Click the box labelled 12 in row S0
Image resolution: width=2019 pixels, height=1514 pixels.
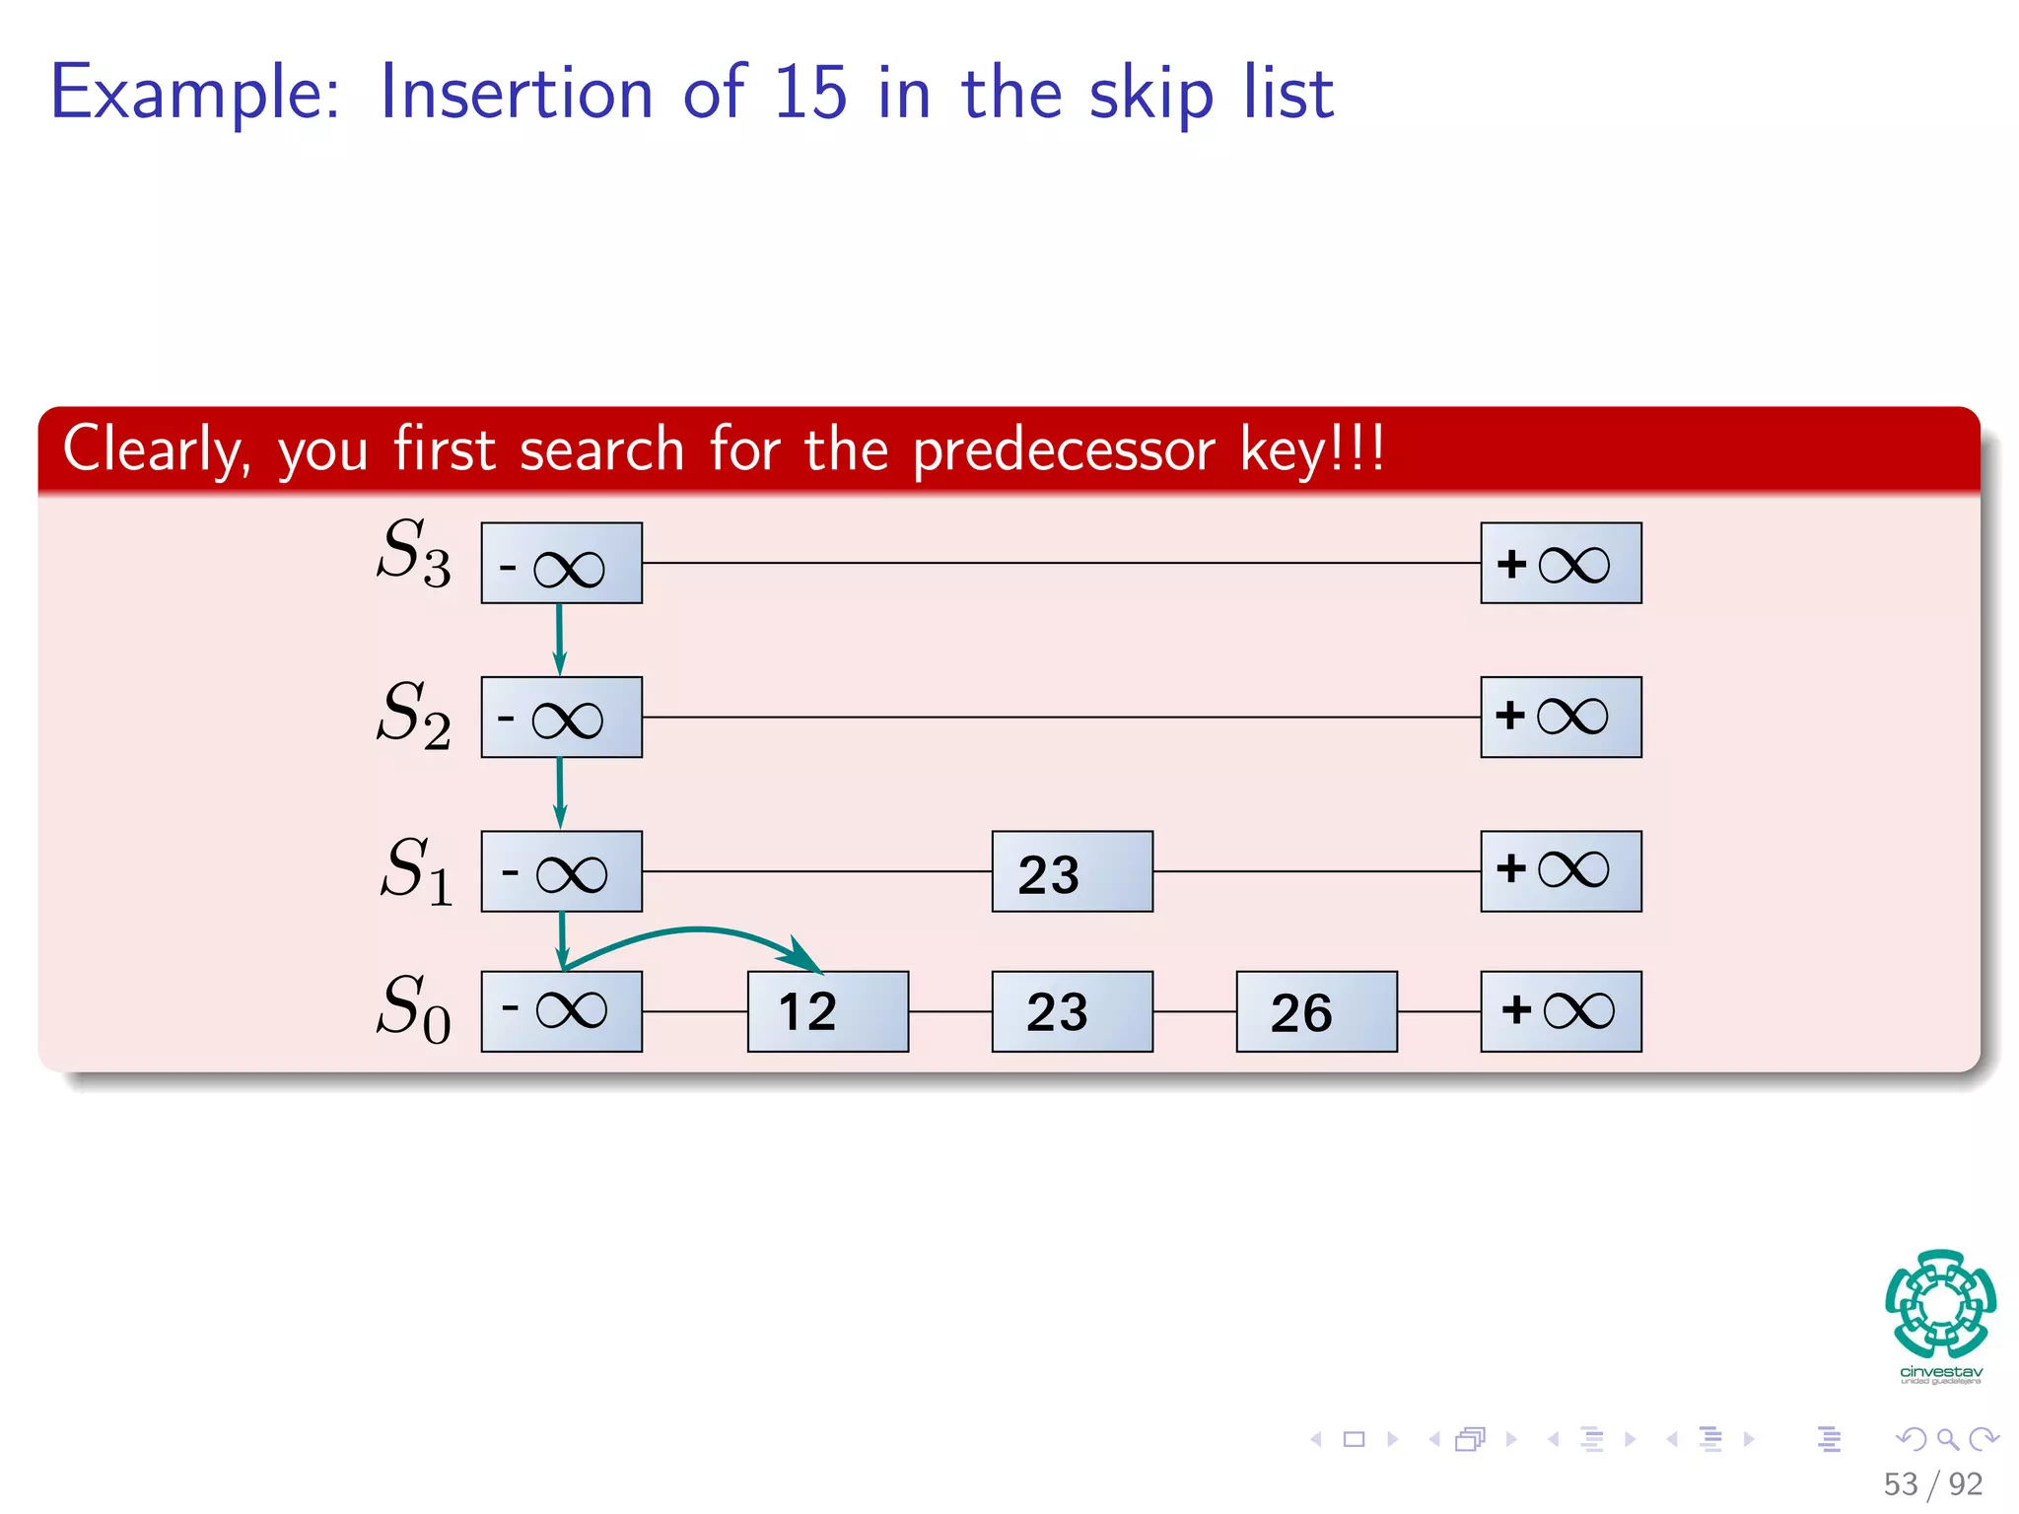click(x=827, y=1011)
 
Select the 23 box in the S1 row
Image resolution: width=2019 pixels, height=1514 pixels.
click(x=1072, y=871)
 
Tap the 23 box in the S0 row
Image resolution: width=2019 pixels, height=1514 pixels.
click(x=1072, y=1011)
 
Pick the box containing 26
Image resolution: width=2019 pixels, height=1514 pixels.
click(x=1316, y=1011)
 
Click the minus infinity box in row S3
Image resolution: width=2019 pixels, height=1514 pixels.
click(x=561, y=563)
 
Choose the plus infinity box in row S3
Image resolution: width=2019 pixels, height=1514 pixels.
click(x=1561, y=563)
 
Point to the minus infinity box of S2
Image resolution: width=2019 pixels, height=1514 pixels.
click(x=561, y=717)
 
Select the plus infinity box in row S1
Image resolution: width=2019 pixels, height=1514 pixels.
click(x=1561, y=871)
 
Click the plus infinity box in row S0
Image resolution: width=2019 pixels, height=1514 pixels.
click(x=1561, y=1011)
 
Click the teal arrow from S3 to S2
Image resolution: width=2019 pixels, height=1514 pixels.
click(x=559, y=639)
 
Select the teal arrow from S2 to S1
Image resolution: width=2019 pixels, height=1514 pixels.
click(x=559, y=792)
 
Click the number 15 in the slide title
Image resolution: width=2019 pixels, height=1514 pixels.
click(x=809, y=93)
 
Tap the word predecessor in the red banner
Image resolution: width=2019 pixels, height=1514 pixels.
click(x=1064, y=450)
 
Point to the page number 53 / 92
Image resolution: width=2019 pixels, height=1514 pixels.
click(x=1932, y=1483)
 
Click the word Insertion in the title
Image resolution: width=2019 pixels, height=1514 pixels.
click(x=516, y=93)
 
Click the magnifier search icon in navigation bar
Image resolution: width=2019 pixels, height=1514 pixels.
click(x=1947, y=1439)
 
